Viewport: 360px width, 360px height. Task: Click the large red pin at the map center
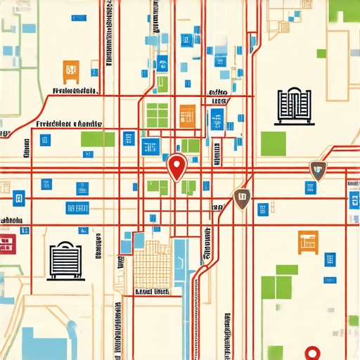(x=177, y=167)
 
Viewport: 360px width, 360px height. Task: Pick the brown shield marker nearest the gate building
(x=318, y=169)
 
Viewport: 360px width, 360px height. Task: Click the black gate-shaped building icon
(x=293, y=106)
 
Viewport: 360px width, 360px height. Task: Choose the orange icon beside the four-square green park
(x=187, y=115)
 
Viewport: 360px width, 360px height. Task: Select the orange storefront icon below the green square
(x=307, y=242)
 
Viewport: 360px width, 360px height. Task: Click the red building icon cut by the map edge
(x=7, y=245)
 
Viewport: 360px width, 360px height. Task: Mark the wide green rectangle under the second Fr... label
(x=97, y=139)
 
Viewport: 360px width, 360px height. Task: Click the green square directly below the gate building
(x=273, y=143)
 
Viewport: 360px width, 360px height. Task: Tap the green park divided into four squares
(x=157, y=114)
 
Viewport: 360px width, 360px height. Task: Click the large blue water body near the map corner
(x=49, y=340)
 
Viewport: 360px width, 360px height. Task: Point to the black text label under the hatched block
(x=153, y=290)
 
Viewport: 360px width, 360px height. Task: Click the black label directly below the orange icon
(x=73, y=91)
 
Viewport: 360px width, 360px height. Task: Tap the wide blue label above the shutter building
(x=77, y=208)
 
